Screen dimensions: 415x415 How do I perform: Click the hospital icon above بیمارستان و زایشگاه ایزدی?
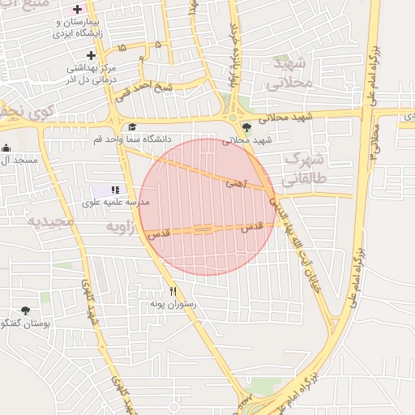point(78,10)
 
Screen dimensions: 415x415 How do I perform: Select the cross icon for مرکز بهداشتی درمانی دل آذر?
point(91,56)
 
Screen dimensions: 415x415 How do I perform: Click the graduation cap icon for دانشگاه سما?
point(131,126)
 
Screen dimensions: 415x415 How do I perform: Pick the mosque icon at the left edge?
point(6,148)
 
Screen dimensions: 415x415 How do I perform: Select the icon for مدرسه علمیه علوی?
point(114,190)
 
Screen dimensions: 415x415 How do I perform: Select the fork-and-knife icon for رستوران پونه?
point(172,291)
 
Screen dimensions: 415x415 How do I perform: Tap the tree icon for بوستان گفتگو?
point(26,310)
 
